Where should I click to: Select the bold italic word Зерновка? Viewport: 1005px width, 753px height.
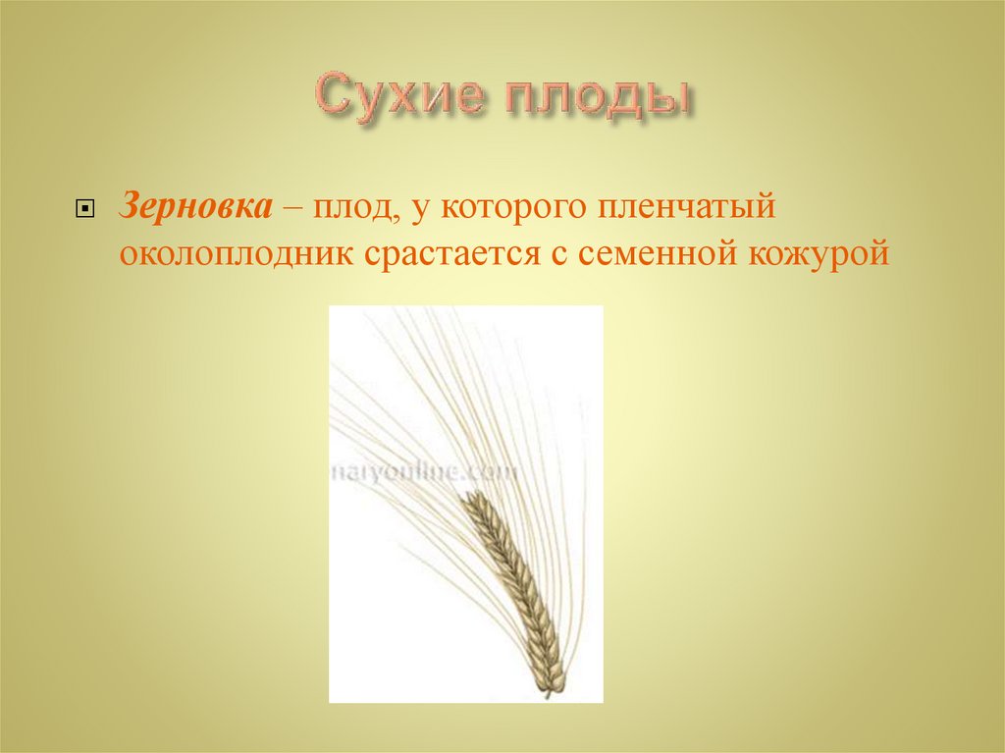196,207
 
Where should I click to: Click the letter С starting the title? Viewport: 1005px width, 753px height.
332,99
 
